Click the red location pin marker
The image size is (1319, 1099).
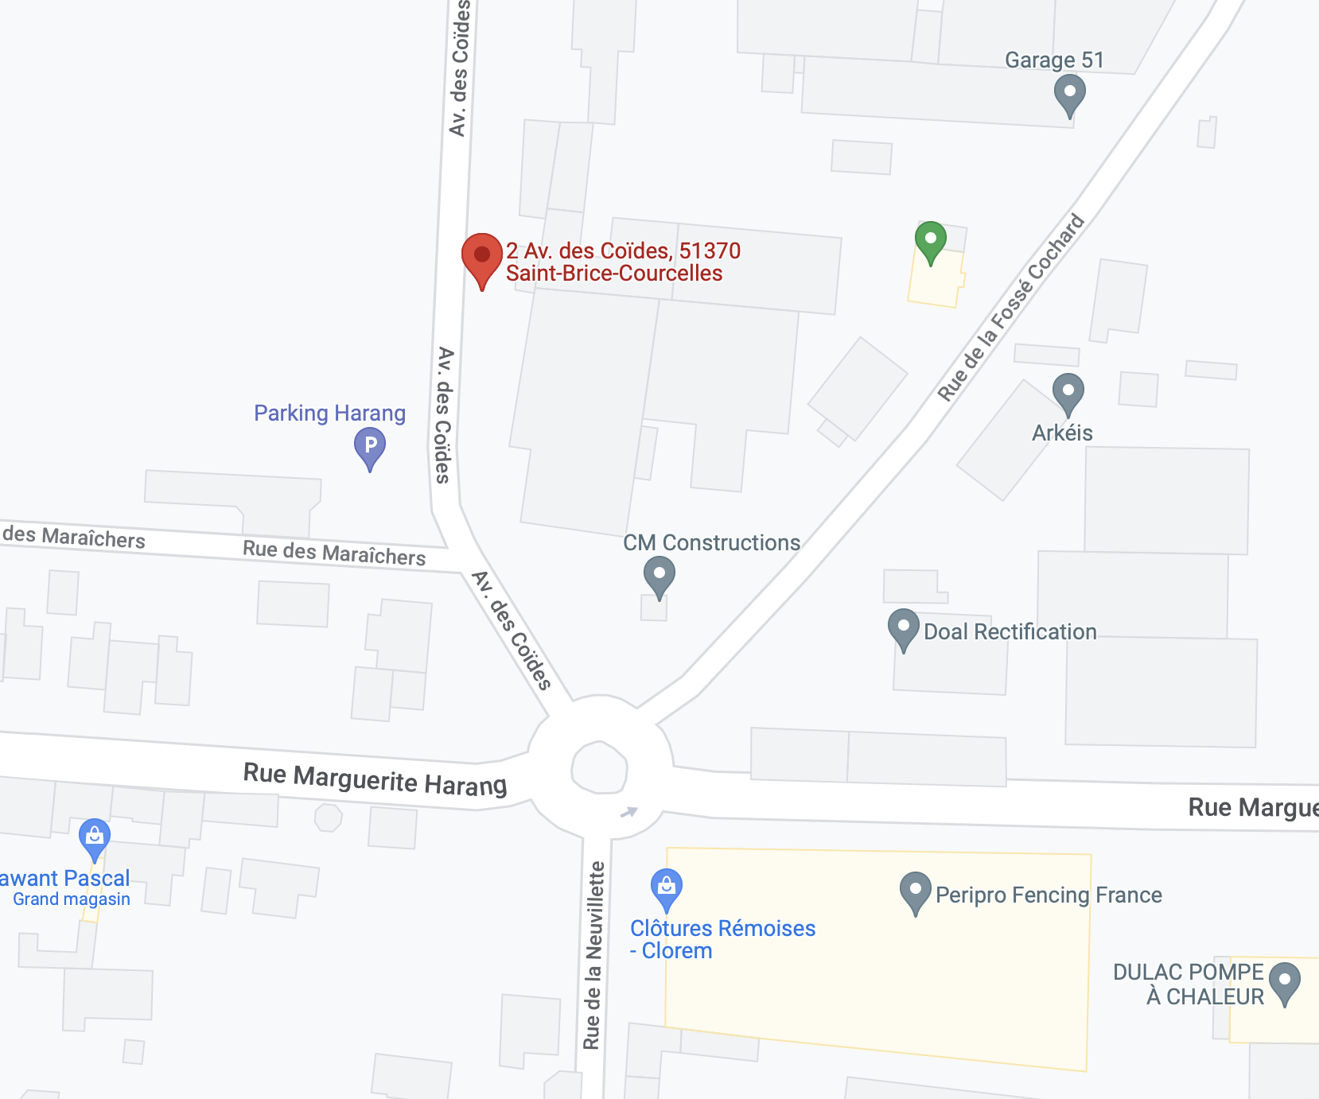[x=481, y=257]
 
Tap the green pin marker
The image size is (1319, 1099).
[x=930, y=239]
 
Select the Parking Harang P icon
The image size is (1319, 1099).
[x=370, y=446]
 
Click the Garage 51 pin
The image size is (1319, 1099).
[x=1069, y=92]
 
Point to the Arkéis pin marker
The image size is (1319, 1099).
[x=1068, y=392]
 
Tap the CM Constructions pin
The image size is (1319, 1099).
[x=659, y=574]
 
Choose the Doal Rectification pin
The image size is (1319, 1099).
[x=903, y=627]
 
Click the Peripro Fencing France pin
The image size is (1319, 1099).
[x=915, y=890]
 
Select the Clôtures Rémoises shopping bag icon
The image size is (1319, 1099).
[x=667, y=887]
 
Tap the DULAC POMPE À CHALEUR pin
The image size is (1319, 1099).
[x=1284, y=981]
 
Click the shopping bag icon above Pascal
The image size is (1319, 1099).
[x=95, y=837]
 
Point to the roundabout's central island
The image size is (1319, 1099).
[x=600, y=768]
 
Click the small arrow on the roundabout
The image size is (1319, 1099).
[x=628, y=812]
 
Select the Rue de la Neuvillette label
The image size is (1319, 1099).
[x=593, y=955]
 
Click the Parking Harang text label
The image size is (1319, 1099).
[x=329, y=413]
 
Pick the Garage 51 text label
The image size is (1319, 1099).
[x=1054, y=60]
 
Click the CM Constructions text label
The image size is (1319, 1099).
[x=711, y=542]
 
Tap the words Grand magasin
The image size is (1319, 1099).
[x=72, y=899]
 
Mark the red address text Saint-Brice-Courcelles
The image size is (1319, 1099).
[x=614, y=274]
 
